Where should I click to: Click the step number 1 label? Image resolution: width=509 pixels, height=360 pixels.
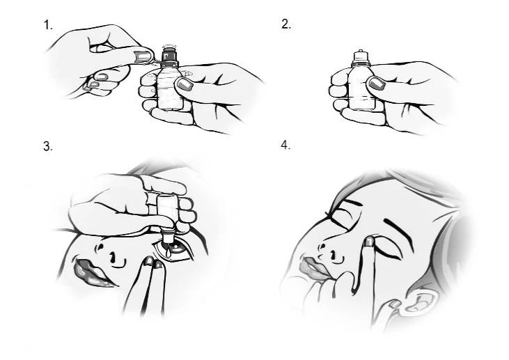48,25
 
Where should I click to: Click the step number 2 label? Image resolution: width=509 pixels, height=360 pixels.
286,24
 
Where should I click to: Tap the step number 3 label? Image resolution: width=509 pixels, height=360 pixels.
48,146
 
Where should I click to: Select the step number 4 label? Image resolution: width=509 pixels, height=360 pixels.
285,146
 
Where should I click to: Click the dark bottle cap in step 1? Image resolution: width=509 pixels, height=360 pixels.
169,56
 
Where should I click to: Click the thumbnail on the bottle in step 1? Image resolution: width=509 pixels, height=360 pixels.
185,85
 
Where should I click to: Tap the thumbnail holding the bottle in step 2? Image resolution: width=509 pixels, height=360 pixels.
377,84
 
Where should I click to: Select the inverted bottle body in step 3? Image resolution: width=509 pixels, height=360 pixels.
168,208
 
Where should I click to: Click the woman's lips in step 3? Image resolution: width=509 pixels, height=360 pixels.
91,271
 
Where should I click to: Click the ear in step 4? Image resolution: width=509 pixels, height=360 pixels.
418,302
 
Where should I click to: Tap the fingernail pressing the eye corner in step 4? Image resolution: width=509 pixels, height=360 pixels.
369,241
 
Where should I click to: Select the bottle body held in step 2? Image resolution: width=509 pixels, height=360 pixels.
361,87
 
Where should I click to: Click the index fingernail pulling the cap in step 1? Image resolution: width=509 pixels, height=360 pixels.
143,57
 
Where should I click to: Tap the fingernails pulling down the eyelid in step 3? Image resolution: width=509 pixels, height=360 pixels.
154,263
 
